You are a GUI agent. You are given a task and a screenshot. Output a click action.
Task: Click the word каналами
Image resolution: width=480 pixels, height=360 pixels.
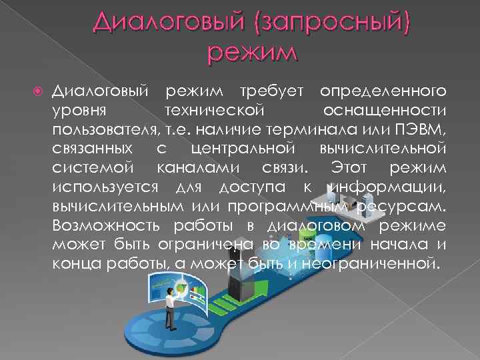[x=193, y=165]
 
